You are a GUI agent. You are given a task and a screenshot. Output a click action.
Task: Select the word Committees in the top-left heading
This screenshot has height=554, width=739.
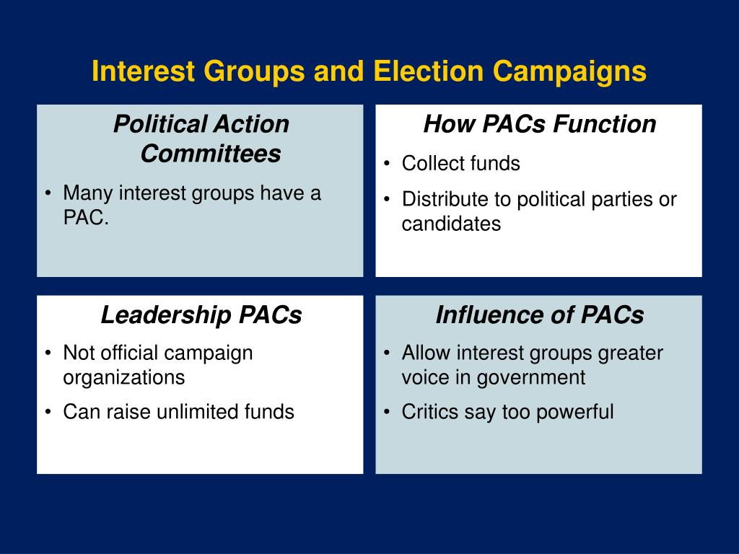click(210, 154)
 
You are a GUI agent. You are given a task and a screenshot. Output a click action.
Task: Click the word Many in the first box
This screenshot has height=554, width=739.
click(88, 193)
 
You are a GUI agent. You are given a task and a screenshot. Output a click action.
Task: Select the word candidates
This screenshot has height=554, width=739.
click(451, 224)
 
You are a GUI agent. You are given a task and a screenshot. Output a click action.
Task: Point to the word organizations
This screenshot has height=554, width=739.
click(124, 377)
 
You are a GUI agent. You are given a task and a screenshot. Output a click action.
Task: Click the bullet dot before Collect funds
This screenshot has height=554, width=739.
click(388, 164)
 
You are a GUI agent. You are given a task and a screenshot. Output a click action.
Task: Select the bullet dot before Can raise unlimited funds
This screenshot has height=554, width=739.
click(48, 413)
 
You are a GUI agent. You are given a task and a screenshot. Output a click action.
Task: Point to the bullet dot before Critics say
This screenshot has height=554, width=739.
click(388, 413)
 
